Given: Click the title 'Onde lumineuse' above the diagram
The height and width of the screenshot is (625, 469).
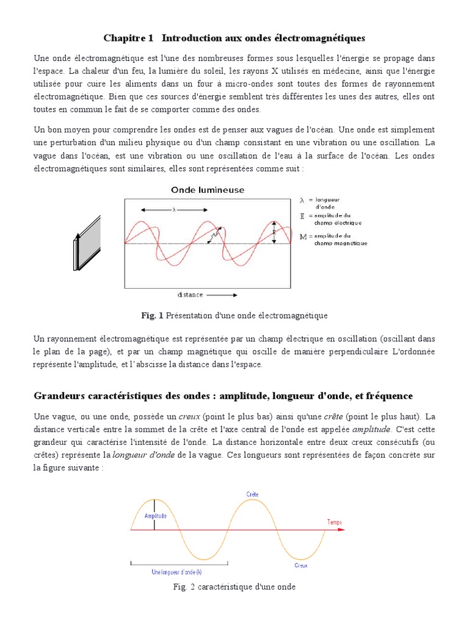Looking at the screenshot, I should click(207, 190).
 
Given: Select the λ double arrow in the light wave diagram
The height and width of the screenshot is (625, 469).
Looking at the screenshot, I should click(173, 210).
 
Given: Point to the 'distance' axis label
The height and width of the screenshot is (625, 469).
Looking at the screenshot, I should click(191, 295).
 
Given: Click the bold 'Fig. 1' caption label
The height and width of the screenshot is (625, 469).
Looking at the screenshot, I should click(152, 316).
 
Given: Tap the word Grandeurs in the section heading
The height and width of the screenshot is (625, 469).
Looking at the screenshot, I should click(58, 396).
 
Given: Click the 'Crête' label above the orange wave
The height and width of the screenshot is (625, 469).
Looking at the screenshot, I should click(252, 494).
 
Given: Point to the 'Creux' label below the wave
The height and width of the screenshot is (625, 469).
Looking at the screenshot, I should click(300, 566).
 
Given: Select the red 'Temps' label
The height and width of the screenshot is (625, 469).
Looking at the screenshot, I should click(335, 522).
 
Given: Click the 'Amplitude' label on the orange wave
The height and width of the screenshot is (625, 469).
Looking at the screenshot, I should click(155, 516).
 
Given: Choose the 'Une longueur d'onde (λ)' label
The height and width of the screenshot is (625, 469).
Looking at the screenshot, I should click(176, 572).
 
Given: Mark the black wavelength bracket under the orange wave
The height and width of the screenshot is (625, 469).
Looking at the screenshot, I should click(176, 562).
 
